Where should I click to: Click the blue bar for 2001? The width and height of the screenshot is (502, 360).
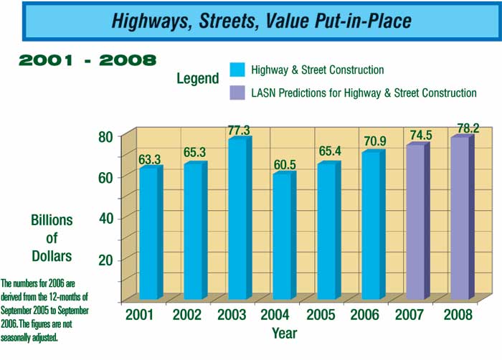[x=149, y=233]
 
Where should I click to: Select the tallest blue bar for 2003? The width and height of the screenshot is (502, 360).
[x=237, y=219]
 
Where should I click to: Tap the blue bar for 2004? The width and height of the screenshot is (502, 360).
[x=282, y=237]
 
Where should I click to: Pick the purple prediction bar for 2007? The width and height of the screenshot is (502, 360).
[x=415, y=222]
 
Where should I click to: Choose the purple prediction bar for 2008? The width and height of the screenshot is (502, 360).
[x=460, y=219]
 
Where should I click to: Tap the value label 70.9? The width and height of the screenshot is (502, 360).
[x=374, y=143]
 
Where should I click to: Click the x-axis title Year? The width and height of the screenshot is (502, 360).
[x=285, y=333]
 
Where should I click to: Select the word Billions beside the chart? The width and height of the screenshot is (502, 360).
[x=52, y=220]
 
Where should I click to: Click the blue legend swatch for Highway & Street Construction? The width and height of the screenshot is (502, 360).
[x=237, y=70]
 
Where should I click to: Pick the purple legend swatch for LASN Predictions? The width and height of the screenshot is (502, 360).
[x=237, y=93]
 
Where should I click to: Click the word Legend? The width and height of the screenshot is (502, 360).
[x=198, y=78]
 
